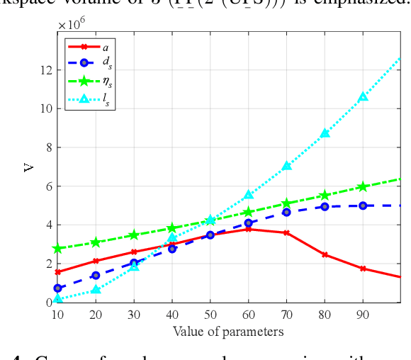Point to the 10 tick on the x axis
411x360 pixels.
(x=58, y=315)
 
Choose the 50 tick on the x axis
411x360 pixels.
(x=210, y=315)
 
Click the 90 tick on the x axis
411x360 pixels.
(x=362, y=315)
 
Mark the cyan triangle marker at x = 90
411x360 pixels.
(x=363, y=96)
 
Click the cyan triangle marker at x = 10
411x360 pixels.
(x=58, y=298)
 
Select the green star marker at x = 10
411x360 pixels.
(x=58, y=248)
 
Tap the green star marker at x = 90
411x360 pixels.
(x=363, y=186)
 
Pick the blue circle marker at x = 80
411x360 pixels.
(x=325, y=206)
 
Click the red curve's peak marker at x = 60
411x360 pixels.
(x=248, y=229)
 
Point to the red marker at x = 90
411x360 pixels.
(x=363, y=269)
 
